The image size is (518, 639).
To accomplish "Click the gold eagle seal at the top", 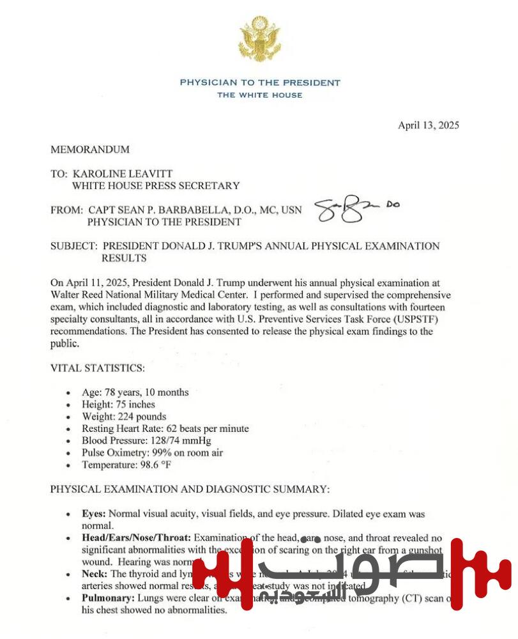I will click(259, 40).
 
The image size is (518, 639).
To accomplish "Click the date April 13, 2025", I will click(428, 125).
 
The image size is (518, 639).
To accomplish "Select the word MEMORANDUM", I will click(90, 150).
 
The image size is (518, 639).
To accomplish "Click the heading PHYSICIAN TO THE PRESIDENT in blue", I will click(259, 82).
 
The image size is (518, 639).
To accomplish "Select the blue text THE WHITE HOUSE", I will click(259, 95).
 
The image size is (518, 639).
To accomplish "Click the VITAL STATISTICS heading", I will click(97, 368).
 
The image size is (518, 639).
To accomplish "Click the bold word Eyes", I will click(94, 514).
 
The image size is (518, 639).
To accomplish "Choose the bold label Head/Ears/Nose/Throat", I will click(136, 538).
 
